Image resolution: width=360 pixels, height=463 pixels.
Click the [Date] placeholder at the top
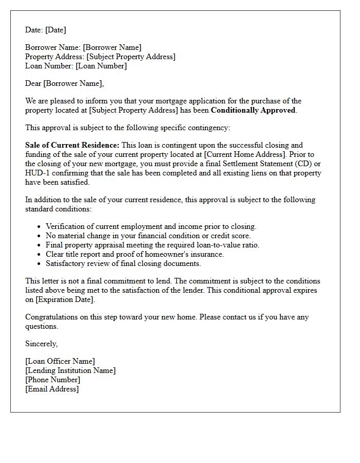56,30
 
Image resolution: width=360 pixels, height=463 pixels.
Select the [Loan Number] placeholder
101,66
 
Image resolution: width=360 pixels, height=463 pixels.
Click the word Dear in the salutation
33,83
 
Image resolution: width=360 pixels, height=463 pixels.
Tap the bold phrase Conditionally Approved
253,110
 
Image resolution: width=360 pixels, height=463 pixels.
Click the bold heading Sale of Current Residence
72,145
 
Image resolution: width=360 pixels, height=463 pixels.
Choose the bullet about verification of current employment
151,226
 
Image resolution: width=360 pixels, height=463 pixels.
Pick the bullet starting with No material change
148,236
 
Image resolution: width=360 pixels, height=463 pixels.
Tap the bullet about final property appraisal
152,245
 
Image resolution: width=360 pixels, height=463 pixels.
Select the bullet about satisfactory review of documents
123,263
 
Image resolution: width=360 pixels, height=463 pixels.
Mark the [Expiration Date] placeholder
65,299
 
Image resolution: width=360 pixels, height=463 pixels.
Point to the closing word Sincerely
41,344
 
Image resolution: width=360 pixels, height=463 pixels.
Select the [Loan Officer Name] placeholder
60,361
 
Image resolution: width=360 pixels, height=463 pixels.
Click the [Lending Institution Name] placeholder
70,370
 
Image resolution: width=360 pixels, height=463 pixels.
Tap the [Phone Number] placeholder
52,380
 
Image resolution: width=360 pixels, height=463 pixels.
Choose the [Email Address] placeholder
52,389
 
